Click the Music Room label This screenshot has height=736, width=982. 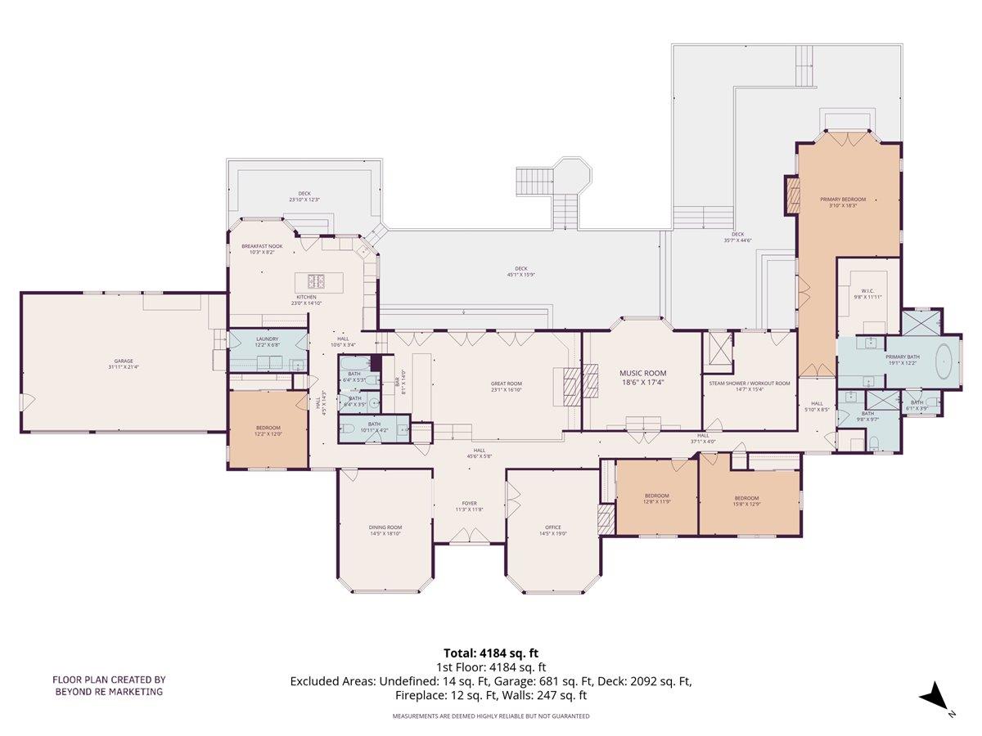642,373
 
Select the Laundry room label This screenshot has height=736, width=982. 267,339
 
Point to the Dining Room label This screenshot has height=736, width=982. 385,527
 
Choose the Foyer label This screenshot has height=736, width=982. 469,504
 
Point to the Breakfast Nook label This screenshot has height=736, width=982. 262,246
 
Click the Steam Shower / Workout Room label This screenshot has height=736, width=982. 749,383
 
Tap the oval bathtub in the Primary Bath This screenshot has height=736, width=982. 944,358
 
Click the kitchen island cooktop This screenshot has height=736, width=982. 317,282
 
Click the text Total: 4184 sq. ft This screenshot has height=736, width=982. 490,653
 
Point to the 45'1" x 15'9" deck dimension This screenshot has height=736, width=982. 520,274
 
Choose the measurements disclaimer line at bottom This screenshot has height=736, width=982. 490,716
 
